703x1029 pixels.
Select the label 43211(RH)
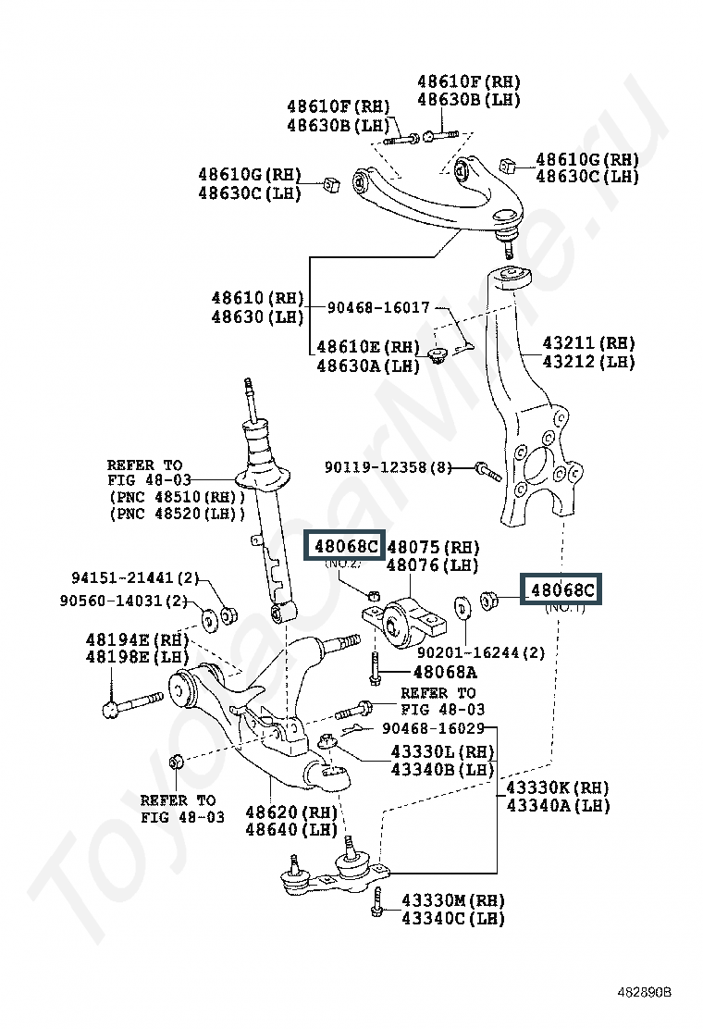588,343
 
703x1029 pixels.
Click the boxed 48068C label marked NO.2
346,546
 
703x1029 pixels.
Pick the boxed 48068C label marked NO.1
561,589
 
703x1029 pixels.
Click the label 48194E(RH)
136,639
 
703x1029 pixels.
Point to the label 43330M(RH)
453,899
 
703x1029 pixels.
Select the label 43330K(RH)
558,787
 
